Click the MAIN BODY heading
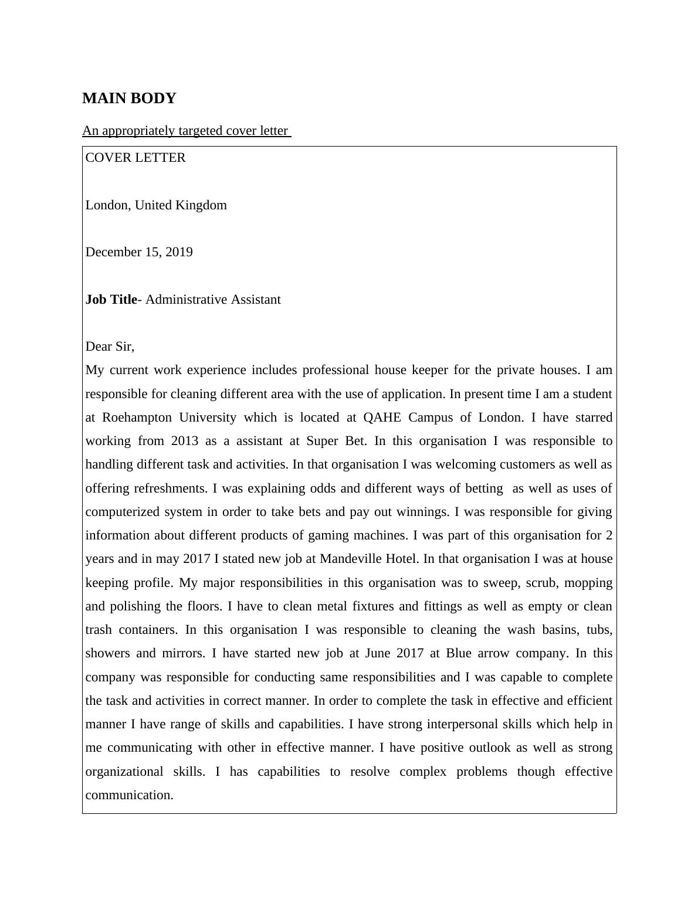click(129, 99)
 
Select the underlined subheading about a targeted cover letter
click(186, 131)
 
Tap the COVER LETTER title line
click(135, 158)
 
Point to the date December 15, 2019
click(139, 252)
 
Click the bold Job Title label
click(111, 300)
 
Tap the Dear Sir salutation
click(110, 347)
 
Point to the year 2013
click(185, 441)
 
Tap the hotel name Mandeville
click(350, 559)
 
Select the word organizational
click(124, 772)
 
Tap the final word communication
click(129, 796)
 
